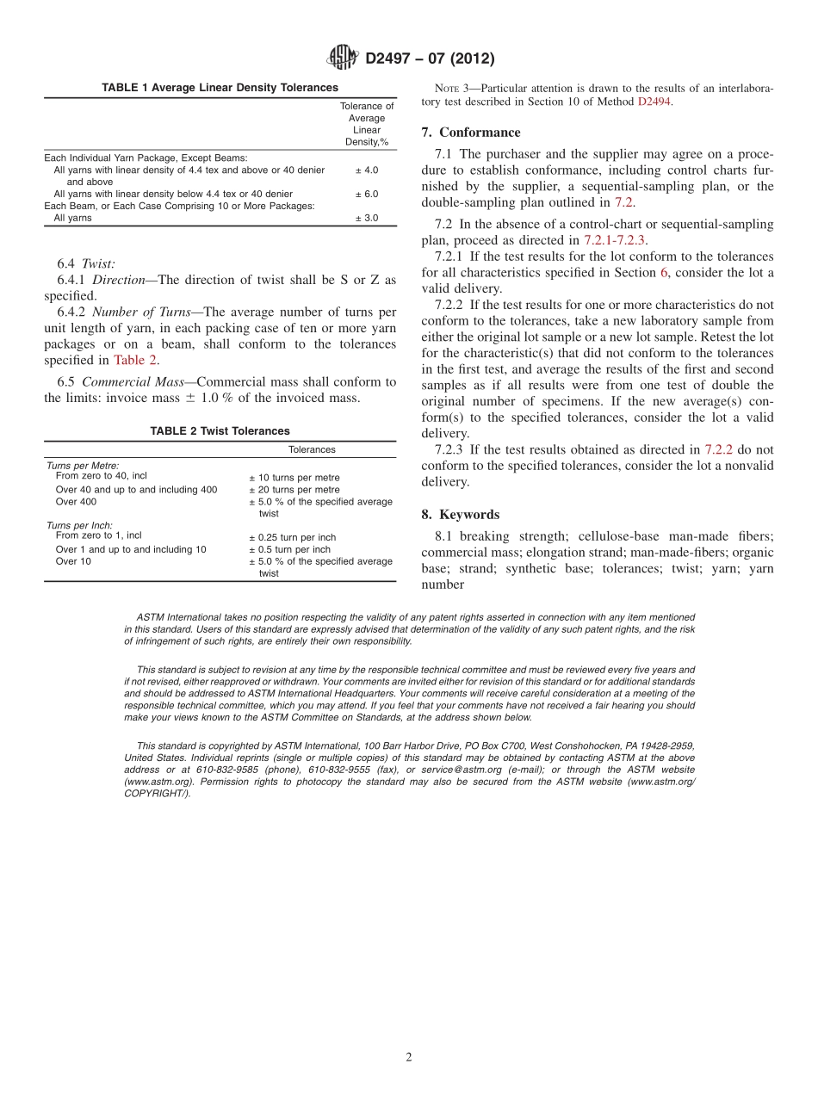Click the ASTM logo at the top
pyautogui.click(x=343, y=59)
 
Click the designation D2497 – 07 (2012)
pyautogui.click(x=429, y=59)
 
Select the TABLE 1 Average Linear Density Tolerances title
pyautogui.click(x=220, y=88)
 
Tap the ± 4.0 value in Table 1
pyautogui.click(x=366, y=170)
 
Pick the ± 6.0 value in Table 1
pyautogui.click(x=366, y=195)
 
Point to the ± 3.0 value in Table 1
pyautogui.click(x=366, y=219)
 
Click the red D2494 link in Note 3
pyautogui.click(x=654, y=102)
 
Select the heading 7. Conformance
pyautogui.click(x=471, y=133)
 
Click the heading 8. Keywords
pyautogui.click(x=461, y=515)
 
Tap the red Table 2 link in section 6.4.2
pyautogui.click(x=135, y=361)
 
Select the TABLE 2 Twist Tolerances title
pyautogui.click(x=220, y=431)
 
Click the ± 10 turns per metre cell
pyautogui.click(x=294, y=478)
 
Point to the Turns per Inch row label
pyautogui.click(x=79, y=525)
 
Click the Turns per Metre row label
pyautogui.click(x=83, y=465)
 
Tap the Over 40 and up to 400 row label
pyautogui.click(x=136, y=490)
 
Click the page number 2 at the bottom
pyautogui.click(x=409, y=1058)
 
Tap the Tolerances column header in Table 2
pyautogui.click(x=312, y=450)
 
